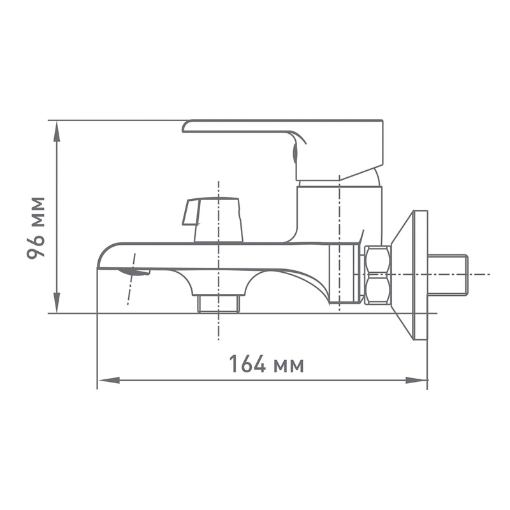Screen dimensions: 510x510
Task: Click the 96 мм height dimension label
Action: tap(36, 228)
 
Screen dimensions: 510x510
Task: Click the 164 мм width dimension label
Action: tap(266, 364)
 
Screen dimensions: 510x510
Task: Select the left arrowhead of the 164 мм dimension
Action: tap(109, 380)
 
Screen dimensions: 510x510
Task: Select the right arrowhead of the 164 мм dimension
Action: tap(416, 380)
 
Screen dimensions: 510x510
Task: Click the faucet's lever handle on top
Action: tap(283, 150)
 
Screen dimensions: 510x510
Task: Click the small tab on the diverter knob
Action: tap(191, 212)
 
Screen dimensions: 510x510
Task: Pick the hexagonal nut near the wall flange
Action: tap(377, 275)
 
